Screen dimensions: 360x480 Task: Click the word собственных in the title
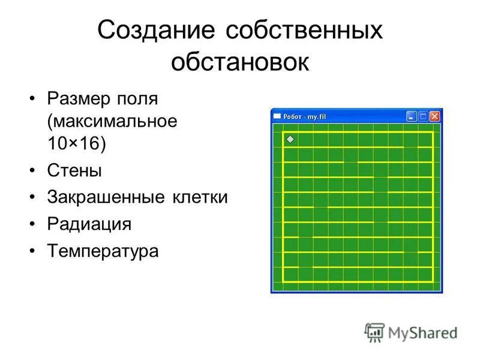[x=305, y=31]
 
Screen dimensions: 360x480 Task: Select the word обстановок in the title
[x=240, y=62]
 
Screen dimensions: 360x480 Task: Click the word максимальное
[x=114, y=121]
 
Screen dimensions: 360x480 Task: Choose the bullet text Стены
[x=74, y=170]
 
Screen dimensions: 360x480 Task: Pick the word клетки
[x=202, y=197]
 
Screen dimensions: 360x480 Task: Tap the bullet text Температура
[x=103, y=251]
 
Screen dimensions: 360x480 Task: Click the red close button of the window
[x=434, y=116]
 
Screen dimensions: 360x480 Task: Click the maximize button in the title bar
[x=423, y=116]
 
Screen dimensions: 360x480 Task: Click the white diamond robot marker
[x=290, y=139]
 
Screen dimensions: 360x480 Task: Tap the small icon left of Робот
[x=277, y=116]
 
